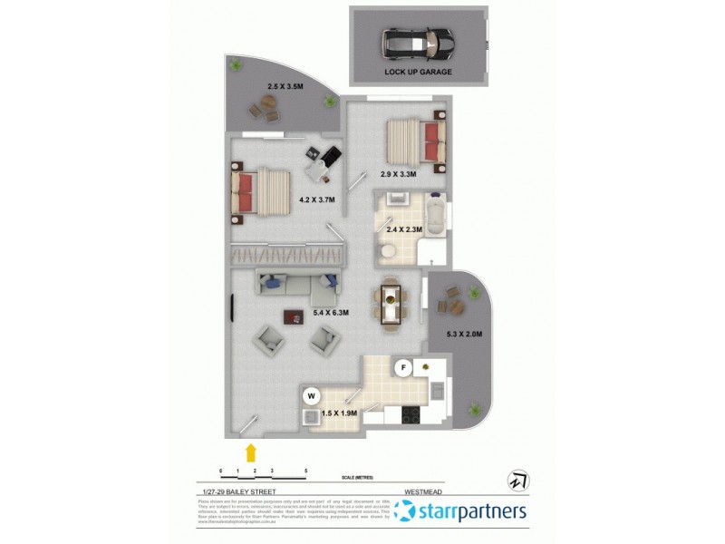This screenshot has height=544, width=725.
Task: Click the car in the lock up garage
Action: pos(418,42)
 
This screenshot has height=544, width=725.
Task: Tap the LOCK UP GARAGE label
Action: pos(418,71)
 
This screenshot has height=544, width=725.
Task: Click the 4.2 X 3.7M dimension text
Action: pos(316,199)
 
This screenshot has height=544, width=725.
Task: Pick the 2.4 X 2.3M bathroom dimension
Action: pos(404,229)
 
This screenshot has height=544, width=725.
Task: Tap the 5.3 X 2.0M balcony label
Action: pos(464,334)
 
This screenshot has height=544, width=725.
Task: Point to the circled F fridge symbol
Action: pos(405,367)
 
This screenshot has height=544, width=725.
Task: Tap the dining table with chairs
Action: pos(391,302)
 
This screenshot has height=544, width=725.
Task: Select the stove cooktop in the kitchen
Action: pos(409,416)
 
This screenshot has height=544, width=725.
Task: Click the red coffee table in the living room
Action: pos(293,316)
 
